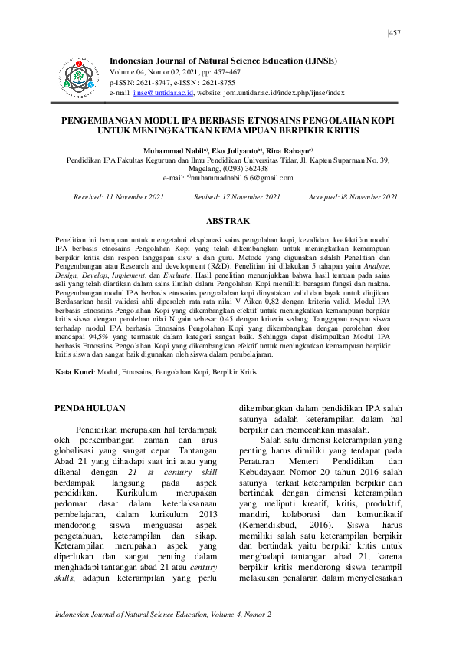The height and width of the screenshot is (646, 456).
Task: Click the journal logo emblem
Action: click(80, 75)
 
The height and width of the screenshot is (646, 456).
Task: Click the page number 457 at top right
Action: click(395, 33)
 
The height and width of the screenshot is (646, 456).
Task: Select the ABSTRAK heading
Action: click(228, 221)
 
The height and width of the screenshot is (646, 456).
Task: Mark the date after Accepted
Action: click(367, 197)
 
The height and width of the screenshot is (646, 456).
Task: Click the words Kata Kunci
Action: click(75, 371)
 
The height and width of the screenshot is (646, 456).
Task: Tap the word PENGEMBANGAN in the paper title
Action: click(108, 121)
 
